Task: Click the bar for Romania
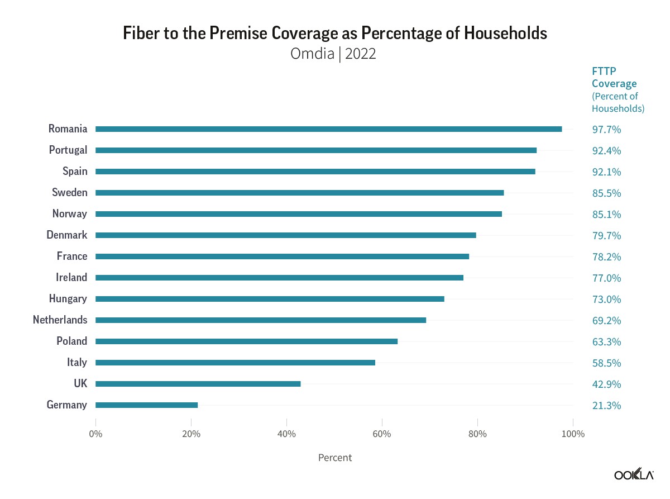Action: [328, 129]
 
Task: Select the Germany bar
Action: [146, 405]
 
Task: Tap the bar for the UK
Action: [198, 384]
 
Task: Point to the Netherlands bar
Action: [261, 320]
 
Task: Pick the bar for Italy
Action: [235, 363]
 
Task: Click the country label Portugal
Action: [68, 150]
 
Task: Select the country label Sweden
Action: [70, 193]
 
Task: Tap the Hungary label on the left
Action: [68, 299]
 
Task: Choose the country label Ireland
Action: [71, 278]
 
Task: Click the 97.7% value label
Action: [606, 130]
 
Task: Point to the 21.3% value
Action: [606, 406]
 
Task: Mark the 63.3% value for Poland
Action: [606, 342]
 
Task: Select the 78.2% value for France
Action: [606, 257]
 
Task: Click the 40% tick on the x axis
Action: [286, 434]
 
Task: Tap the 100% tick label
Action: [572, 434]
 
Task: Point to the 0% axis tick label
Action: [95, 434]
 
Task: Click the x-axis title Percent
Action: [335, 458]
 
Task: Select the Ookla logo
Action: [634, 475]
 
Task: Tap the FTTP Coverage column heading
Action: [614, 78]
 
